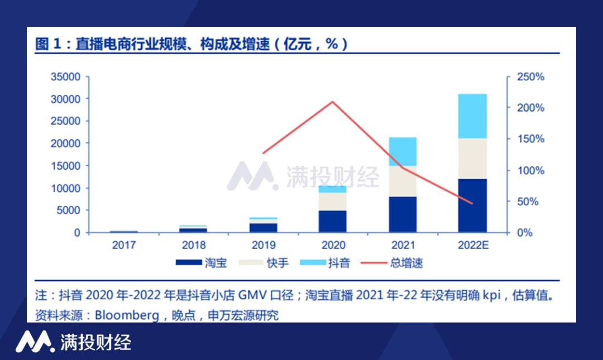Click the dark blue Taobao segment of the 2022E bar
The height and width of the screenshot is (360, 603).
click(x=472, y=205)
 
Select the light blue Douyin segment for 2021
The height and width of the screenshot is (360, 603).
click(x=403, y=151)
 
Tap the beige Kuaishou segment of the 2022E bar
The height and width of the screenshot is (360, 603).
click(x=472, y=159)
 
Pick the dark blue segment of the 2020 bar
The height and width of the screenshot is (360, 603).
click(x=333, y=221)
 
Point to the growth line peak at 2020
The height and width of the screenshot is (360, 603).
click(x=333, y=102)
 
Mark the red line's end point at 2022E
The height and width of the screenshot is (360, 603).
click(x=472, y=204)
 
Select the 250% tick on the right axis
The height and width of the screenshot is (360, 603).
click(x=529, y=76)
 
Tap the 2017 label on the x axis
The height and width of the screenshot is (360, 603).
click(x=123, y=245)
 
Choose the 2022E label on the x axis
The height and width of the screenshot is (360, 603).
click(x=472, y=245)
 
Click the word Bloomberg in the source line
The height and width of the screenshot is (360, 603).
click(x=126, y=315)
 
